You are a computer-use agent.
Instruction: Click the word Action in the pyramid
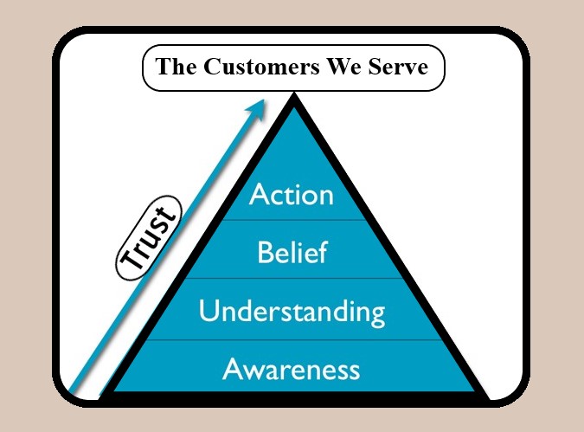click(x=292, y=194)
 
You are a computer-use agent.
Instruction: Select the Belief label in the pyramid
click(x=292, y=253)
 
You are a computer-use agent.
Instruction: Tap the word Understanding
click(x=292, y=311)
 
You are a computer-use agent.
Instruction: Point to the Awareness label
click(x=292, y=370)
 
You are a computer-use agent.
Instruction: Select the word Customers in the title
click(x=251, y=67)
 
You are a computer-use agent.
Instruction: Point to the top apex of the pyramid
click(x=294, y=98)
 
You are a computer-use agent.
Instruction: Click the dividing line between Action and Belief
click(x=292, y=220)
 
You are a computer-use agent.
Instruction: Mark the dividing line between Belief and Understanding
click(x=292, y=278)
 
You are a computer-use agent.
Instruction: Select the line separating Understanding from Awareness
click(x=292, y=340)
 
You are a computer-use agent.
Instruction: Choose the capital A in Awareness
click(x=233, y=370)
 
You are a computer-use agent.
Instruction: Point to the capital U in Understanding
click(x=209, y=310)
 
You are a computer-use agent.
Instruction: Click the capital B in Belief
click(x=266, y=253)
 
